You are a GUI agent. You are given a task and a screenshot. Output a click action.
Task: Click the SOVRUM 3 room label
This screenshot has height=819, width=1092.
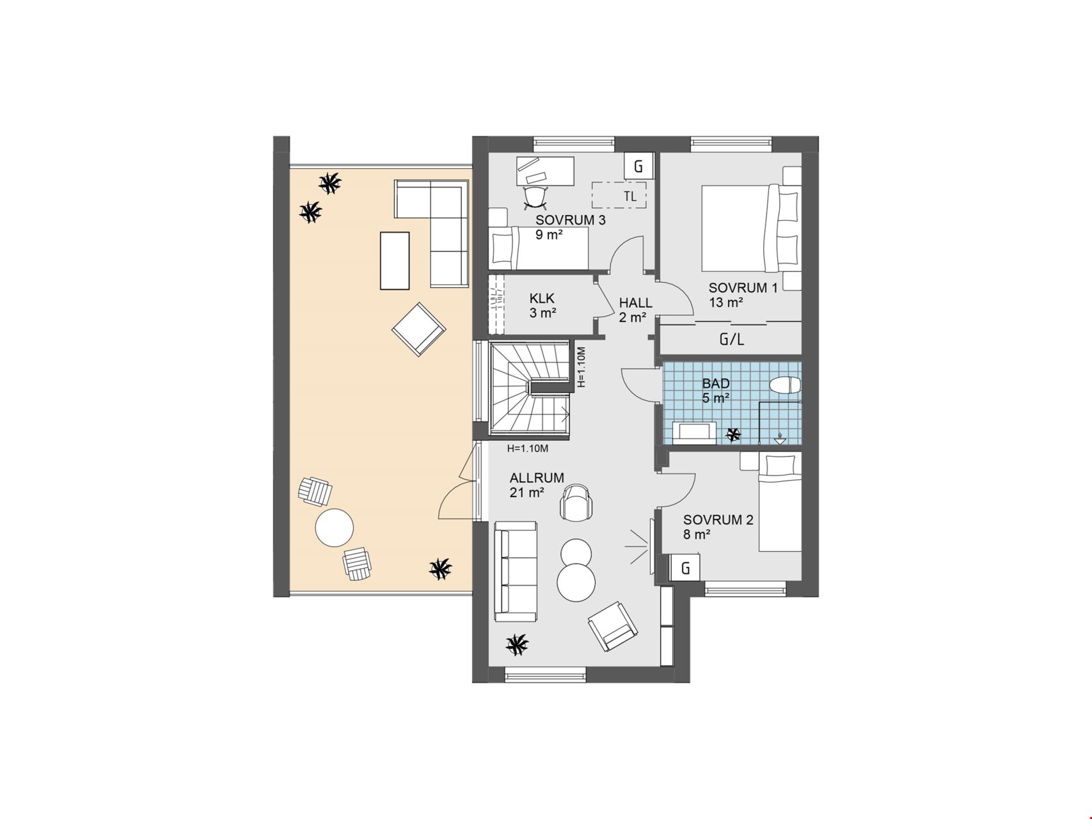tap(571, 220)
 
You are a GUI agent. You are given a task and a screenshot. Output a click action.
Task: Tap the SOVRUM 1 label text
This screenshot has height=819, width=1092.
tap(743, 288)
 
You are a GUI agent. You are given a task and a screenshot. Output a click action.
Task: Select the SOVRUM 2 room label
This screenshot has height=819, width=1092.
tap(718, 520)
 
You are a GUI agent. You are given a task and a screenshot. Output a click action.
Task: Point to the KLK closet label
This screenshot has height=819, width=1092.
tap(542, 298)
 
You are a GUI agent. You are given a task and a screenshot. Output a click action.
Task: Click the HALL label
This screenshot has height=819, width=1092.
tap(635, 303)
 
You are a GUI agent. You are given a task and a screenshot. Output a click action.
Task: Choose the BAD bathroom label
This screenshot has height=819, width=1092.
tap(716, 384)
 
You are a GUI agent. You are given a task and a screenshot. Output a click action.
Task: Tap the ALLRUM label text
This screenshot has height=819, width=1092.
tap(537, 478)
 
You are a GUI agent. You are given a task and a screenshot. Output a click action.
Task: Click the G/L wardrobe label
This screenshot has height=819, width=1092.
tap(732, 339)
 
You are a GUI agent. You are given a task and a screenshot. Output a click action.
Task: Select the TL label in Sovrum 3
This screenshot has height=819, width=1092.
tap(630, 196)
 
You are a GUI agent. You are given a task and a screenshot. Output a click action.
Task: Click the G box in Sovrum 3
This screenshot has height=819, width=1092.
tap(638, 166)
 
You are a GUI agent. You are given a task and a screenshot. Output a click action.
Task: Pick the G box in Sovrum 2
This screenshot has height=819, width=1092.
tap(686, 568)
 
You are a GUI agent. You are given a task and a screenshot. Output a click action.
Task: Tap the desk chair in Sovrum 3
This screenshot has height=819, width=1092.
tap(535, 197)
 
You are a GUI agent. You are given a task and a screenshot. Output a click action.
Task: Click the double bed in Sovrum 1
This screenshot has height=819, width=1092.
tap(751, 228)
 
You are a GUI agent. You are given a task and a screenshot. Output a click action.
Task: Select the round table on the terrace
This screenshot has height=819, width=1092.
tap(335, 527)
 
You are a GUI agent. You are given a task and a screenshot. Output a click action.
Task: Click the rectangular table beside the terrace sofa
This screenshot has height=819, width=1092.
tap(395, 260)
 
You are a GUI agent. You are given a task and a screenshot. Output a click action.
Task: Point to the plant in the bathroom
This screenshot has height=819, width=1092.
tap(732, 435)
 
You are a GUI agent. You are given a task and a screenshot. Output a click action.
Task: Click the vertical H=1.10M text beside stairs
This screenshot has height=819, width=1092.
tap(581, 367)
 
